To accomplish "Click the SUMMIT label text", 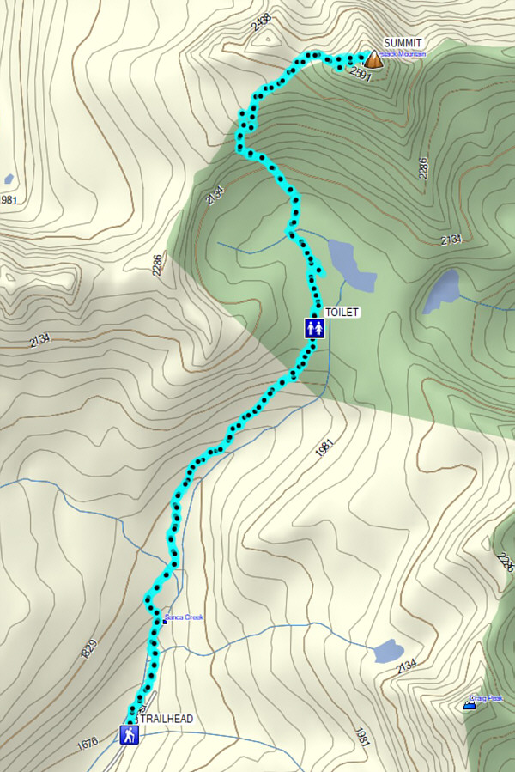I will pyautogui.click(x=403, y=43).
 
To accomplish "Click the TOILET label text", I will pyautogui.click(x=341, y=313).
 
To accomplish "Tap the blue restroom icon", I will pyautogui.click(x=315, y=328).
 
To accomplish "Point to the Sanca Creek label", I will pyautogui.click(x=184, y=617).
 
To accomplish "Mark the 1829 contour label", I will pyautogui.click(x=89, y=649).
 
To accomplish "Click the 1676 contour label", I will pyautogui.click(x=88, y=745).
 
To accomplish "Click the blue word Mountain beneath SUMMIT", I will pyautogui.click(x=409, y=54).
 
